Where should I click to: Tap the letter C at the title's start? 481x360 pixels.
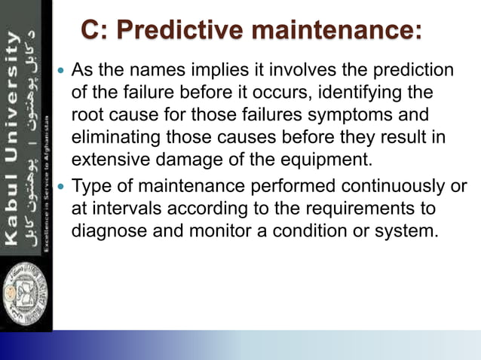89,32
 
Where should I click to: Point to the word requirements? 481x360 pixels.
359,208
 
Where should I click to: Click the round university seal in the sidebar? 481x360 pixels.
25,297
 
